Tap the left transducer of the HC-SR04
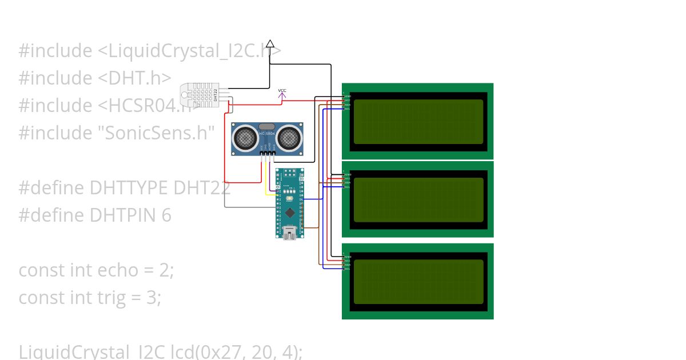click(245, 137)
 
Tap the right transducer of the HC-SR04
click(290, 137)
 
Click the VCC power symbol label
click(282, 91)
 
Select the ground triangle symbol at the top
click(270, 43)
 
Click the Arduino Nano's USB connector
click(290, 233)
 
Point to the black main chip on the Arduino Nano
click(290, 213)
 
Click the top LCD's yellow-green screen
click(418, 121)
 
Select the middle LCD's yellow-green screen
click(418, 199)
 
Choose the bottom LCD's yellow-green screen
click(418, 281)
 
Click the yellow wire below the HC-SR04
click(265, 183)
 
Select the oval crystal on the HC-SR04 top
click(267, 127)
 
